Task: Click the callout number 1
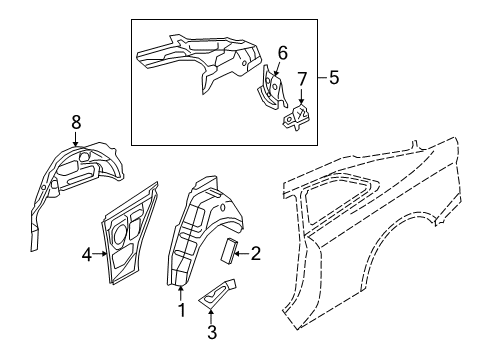tap(182, 311)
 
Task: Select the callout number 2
tap(255, 254)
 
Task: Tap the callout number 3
tap(212, 332)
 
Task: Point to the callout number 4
tap(87, 255)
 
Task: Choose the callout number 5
tap(334, 77)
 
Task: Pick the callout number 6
tap(282, 53)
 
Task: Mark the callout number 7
tap(302, 79)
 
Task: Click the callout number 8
tap(76, 122)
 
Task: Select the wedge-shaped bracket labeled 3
tap(218, 292)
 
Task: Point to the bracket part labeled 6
tap(271, 88)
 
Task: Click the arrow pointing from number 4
tap(99, 254)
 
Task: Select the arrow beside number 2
tap(242, 254)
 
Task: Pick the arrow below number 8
tap(76, 139)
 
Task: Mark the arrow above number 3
tap(211, 316)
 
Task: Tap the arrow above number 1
tap(180, 294)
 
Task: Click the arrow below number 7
tap(301, 97)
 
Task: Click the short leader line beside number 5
tap(322, 78)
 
